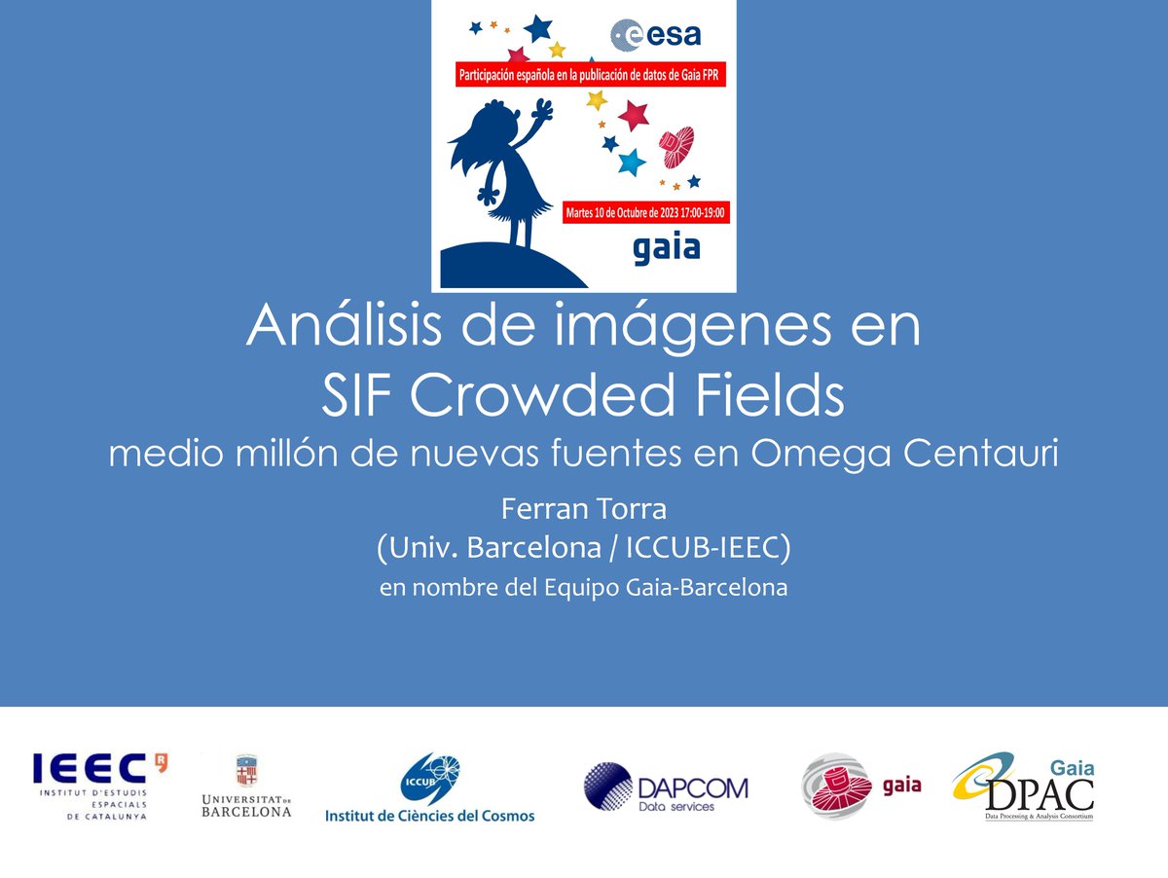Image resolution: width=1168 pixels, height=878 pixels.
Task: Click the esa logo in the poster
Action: click(655, 36)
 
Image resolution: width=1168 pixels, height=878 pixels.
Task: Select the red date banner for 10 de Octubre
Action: click(646, 210)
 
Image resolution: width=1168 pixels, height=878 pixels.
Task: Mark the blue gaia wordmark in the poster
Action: click(666, 248)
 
